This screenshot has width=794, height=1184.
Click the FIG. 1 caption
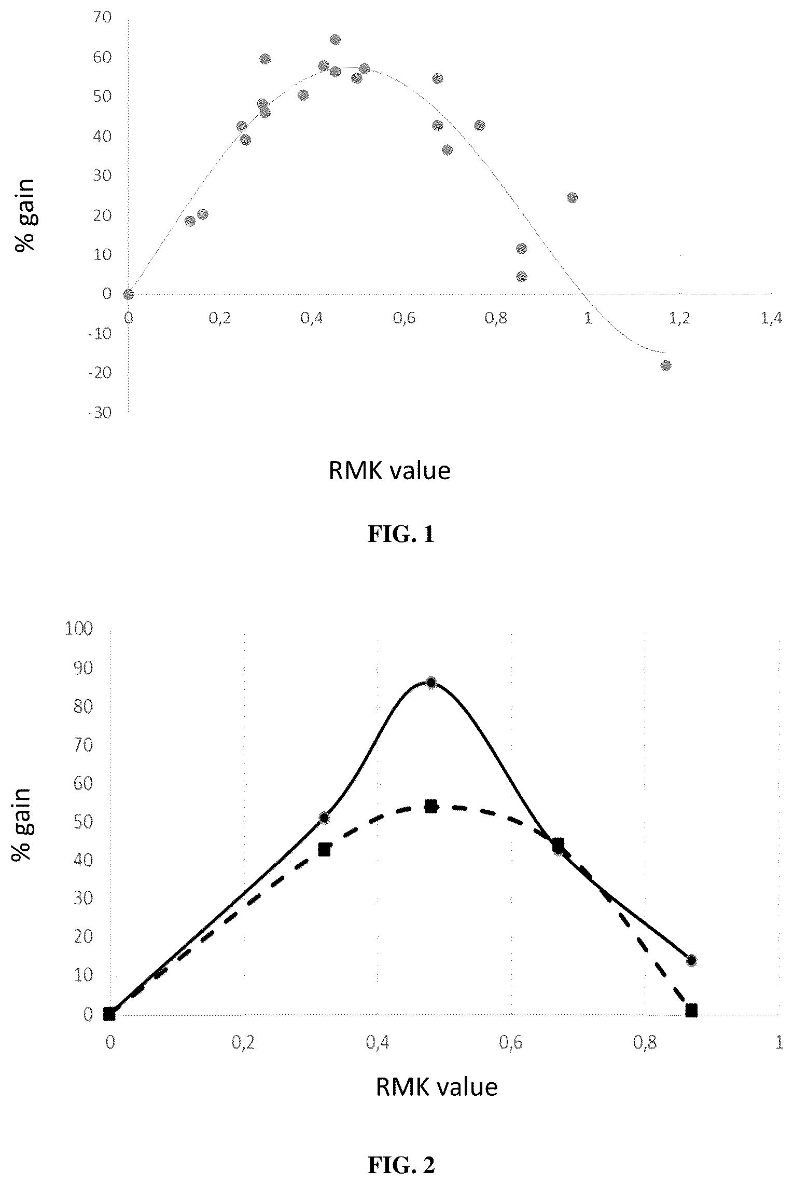pyautogui.click(x=400, y=535)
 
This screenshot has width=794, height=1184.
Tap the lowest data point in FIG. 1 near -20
pyautogui.click(x=666, y=365)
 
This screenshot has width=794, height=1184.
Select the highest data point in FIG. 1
pyautogui.click(x=336, y=39)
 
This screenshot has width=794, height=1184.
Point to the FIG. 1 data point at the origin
pyautogui.click(x=129, y=294)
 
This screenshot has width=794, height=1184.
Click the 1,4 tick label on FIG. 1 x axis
pyautogui.click(x=771, y=319)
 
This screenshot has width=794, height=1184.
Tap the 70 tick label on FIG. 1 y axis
pyautogui.click(x=103, y=18)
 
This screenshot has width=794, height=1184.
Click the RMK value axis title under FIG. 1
pyautogui.click(x=389, y=471)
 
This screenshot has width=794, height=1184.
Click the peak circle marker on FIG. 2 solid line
pyautogui.click(x=431, y=682)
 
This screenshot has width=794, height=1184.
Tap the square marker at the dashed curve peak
pyautogui.click(x=431, y=806)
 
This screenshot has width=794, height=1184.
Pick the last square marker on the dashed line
pyautogui.click(x=691, y=1010)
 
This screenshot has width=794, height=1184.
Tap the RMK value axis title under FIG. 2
pyautogui.click(x=437, y=1086)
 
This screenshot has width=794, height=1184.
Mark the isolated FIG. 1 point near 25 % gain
pyautogui.click(x=572, y=198)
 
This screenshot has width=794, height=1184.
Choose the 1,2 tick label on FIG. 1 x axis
pyautogui.click(x=680, y=319)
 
